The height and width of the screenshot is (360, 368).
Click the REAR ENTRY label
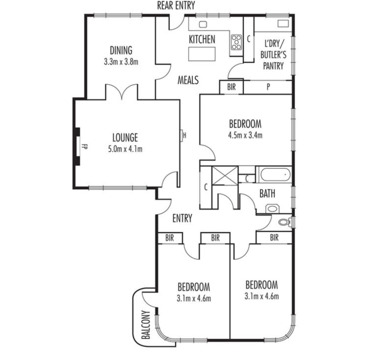click(x=176, y=5)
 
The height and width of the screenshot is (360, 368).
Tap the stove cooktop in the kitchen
click(x=236, y=42)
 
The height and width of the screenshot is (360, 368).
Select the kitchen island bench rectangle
click(x=202, y=54)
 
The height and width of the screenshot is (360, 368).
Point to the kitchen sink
click(x=203, y=24)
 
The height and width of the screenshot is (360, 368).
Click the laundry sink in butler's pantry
click(x=283, y=24)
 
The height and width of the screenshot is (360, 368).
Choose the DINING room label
click(x=121, y=50)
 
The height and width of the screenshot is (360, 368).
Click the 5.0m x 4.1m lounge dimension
click(x=125, y=149)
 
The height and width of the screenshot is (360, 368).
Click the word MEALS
click(x=188, y=80)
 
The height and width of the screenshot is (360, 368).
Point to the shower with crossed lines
click(x=225, y=176)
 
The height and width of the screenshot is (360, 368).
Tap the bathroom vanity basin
click(x=272, y=208)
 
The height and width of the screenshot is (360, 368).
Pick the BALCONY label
click(x=146, y=325)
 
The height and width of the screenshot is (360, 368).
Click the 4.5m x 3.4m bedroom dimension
click(x=245, y=135)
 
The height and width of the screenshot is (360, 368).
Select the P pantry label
click(x=268, y=87)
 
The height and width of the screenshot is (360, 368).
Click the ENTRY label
click(x=182, y=218)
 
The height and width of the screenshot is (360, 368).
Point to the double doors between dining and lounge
click(x=122, y=92)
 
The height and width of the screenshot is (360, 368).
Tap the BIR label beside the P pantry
click(x=231, y=87)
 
